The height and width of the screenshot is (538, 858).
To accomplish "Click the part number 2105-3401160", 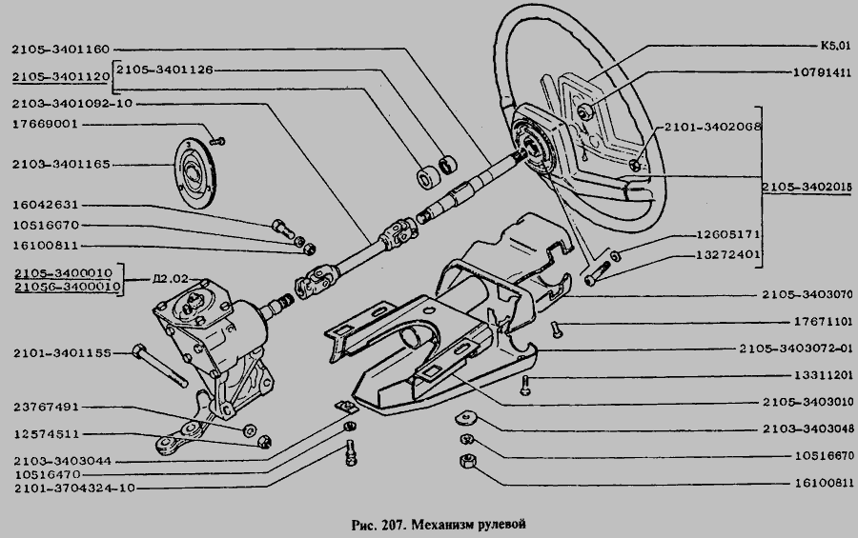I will (63, 49).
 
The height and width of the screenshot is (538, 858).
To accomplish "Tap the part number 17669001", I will (45, 123).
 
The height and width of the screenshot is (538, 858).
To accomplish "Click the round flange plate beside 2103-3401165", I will (197, 172).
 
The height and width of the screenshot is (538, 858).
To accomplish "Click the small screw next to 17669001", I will (216, 141).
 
